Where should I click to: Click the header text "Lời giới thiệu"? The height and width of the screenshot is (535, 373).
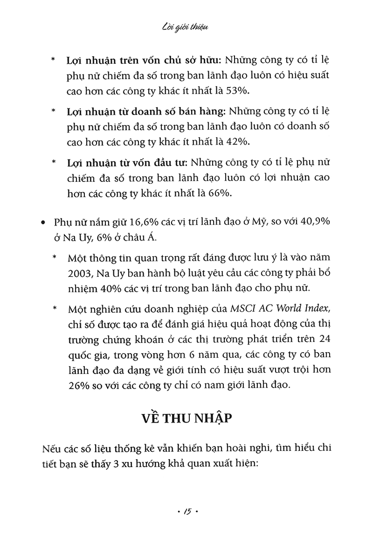pos(187,28)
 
